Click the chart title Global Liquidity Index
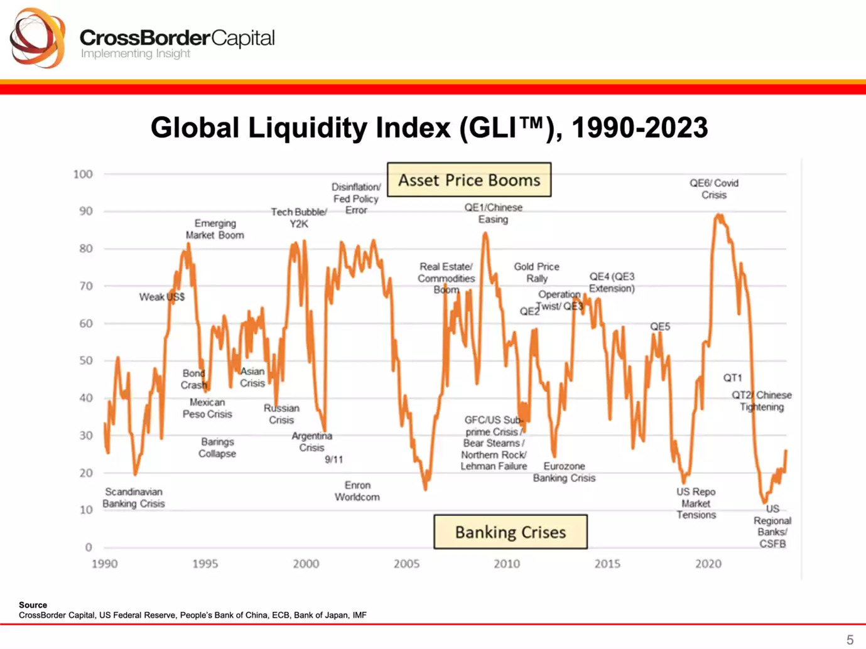point(429,127)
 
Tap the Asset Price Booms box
point(469,180)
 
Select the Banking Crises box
point(510,532)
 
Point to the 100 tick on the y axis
point(83,174)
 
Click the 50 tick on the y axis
point(85,360)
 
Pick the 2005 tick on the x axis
point(406,564)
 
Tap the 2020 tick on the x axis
point(708,564)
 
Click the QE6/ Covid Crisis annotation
point(714,189)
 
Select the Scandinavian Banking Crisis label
point(133,498)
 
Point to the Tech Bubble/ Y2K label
point(299,218)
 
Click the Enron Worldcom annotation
point(357,491)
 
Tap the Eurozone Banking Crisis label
point(564,472)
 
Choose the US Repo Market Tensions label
point(696,503)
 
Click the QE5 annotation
point(660,326)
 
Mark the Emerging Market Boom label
point(215,229)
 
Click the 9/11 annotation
point(334,459)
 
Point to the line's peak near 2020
point(718,216)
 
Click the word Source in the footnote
point(33,605)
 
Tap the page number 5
point(850,640)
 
